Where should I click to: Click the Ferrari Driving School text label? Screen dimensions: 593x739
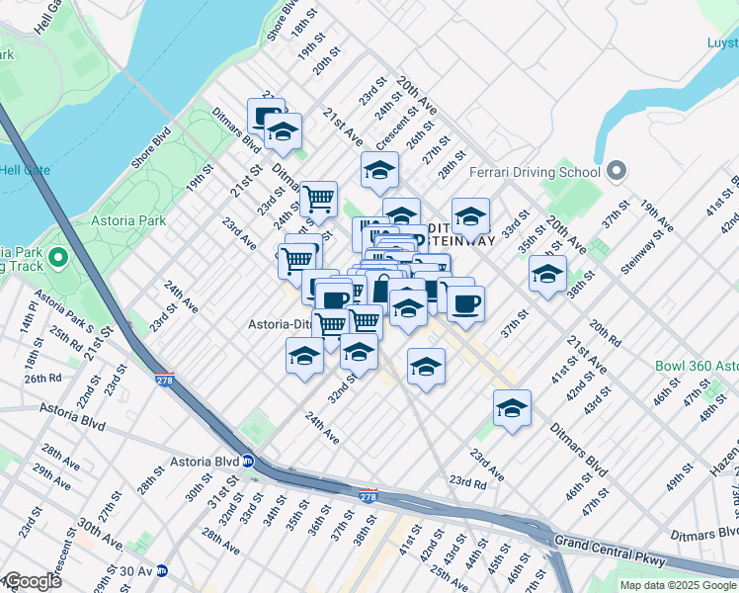coord(535,172)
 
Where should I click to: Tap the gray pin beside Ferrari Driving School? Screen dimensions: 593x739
coord(617,172)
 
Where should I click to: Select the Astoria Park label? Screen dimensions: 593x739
coord(129,220)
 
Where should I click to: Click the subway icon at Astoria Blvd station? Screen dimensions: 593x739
coord(248,461)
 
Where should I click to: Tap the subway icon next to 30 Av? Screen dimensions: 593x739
coord(174,570)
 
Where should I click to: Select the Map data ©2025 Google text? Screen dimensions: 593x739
coord(678,585)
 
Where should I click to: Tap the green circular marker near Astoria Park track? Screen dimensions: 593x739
coord(57,259)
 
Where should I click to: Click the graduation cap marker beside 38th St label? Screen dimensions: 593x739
coord(547,276)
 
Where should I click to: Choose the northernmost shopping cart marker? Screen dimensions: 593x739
coord(319,200)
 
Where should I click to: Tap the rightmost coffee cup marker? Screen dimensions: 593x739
coord(465,301)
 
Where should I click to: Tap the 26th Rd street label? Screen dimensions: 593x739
coord(43,379)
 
